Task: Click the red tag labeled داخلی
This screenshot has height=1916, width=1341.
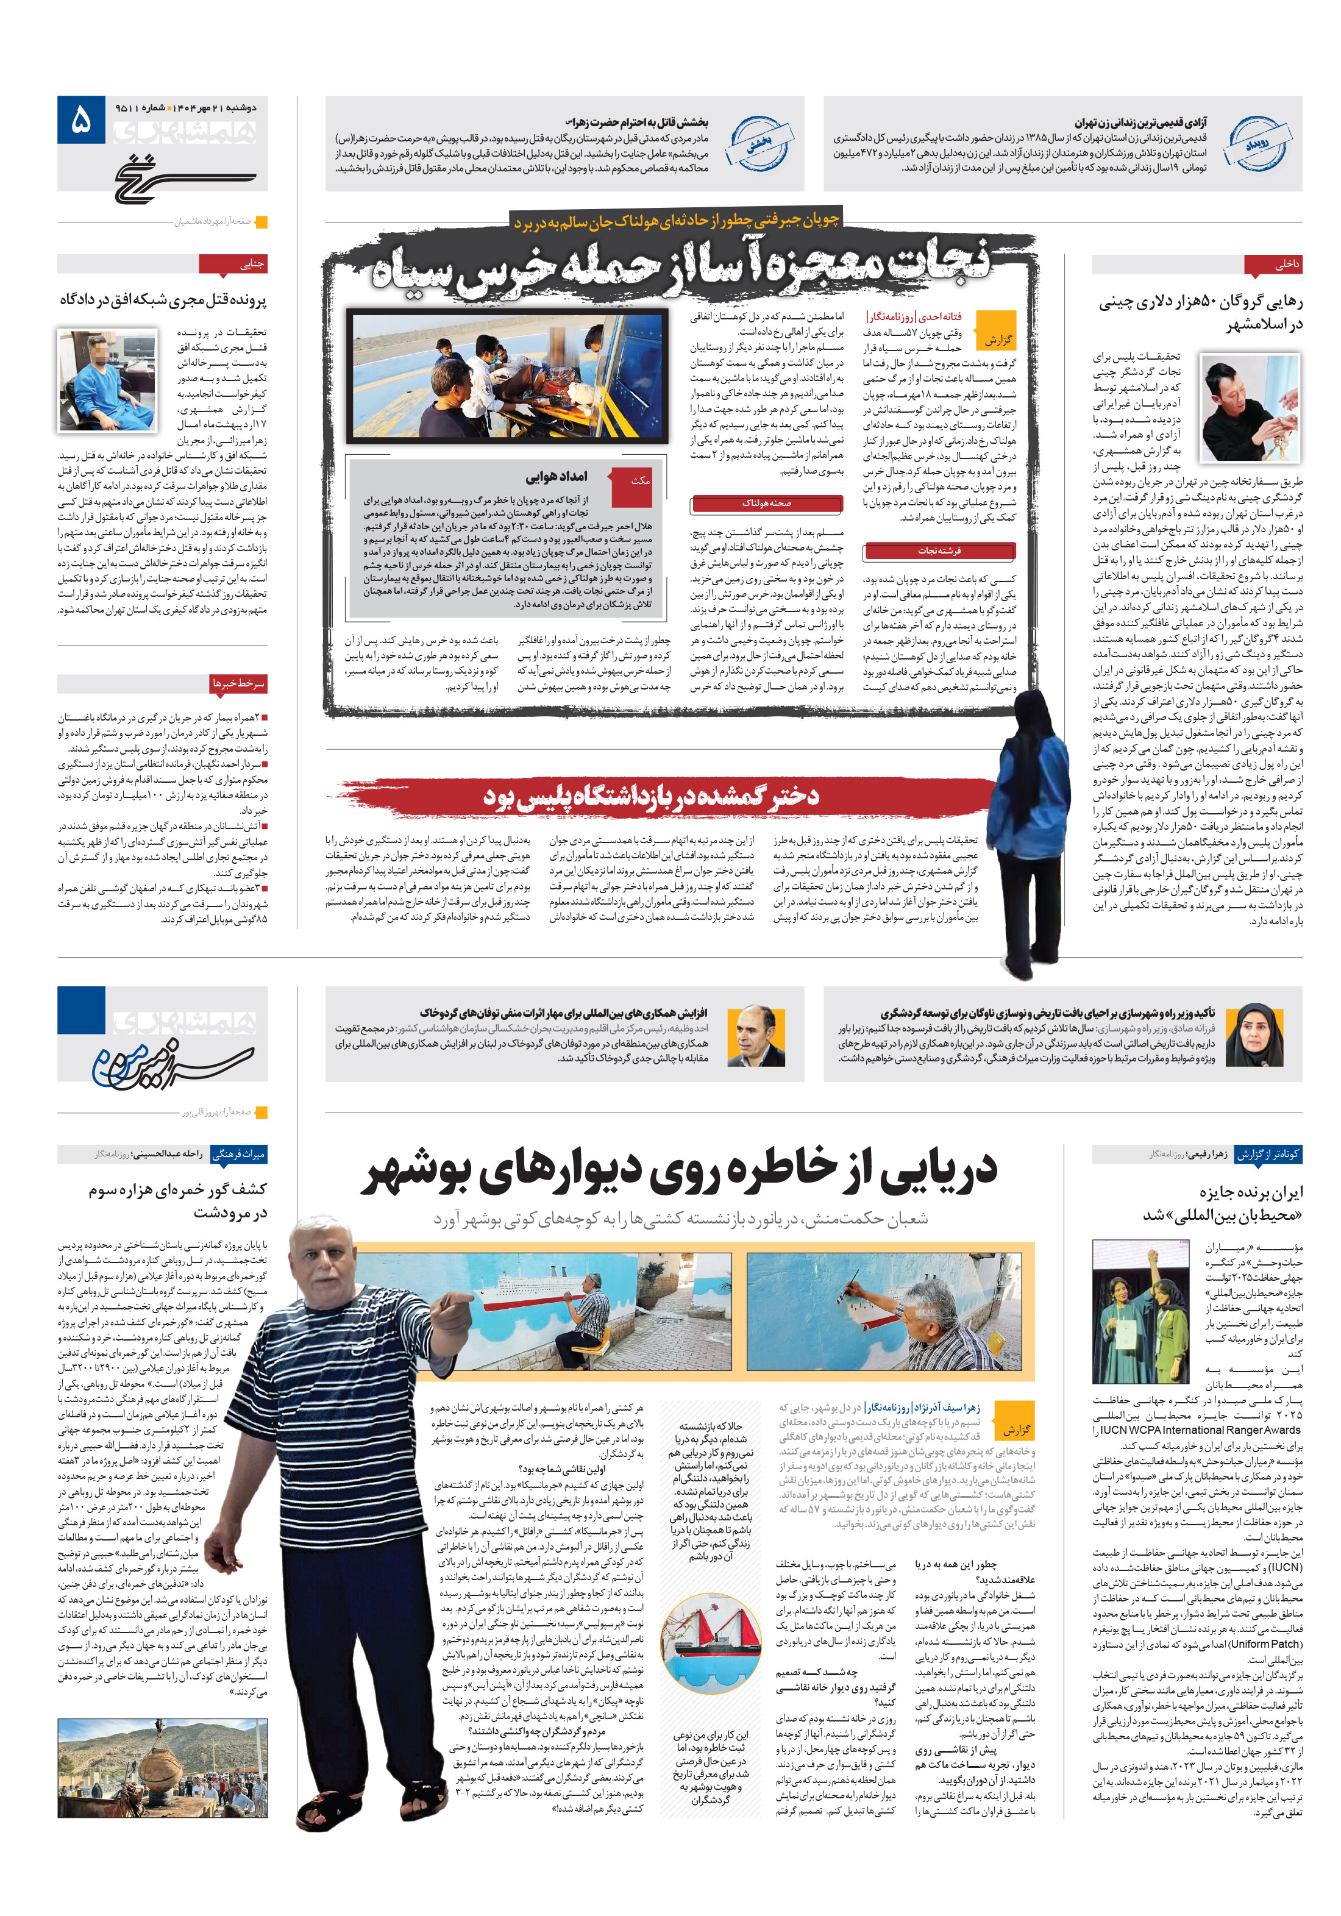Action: (1273, 265)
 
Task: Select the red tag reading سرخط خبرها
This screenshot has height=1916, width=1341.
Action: (238, 683)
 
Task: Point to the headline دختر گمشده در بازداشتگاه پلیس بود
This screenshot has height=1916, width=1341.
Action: (651, 796)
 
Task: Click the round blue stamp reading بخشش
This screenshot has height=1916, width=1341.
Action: (758, 143)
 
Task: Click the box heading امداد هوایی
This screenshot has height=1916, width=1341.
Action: (556, 477)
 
